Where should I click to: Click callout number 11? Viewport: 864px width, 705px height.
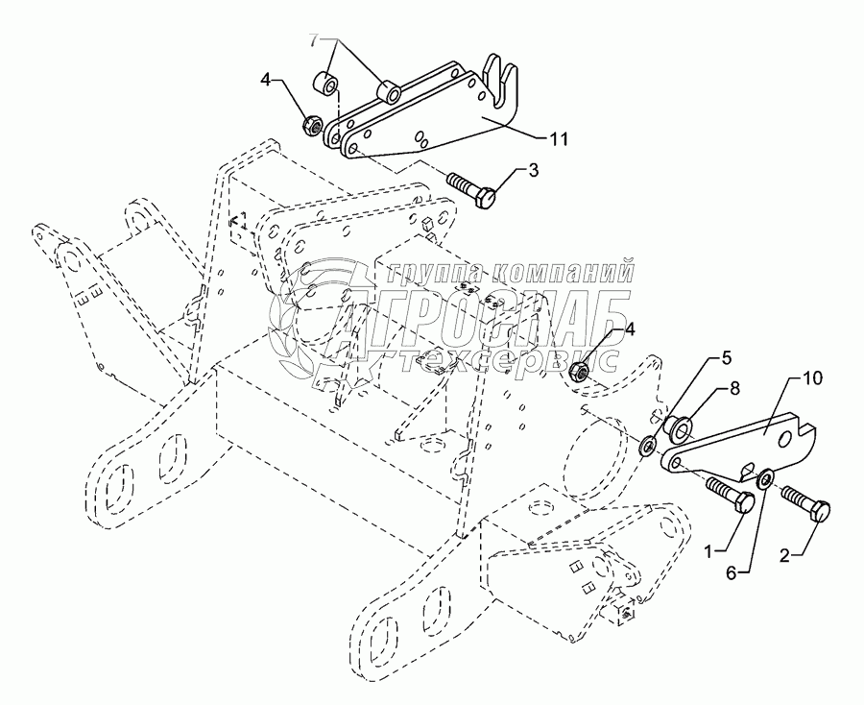[x=558, y=139]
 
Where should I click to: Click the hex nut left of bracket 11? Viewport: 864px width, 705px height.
[x=312, y=124]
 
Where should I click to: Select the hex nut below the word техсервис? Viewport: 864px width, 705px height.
[x=579, y=371]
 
